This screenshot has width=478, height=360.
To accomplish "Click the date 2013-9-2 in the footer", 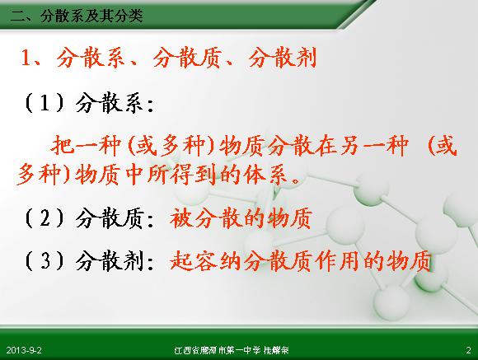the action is tap(24, 350).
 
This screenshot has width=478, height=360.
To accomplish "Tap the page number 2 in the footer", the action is tap(469, 350).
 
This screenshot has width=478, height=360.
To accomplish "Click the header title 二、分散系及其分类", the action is tap(77, 16).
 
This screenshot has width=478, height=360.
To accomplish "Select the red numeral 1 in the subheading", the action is tap(26, 58).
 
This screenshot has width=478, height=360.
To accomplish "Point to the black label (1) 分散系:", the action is tap(89, 103).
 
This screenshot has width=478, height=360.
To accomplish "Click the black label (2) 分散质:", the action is tap(89, 218).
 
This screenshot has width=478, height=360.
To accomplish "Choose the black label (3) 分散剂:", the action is tap(89, 261).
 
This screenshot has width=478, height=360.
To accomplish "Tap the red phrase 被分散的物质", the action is tap(241, 217).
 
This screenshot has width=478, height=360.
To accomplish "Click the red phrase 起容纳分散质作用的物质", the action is tap(301, 261).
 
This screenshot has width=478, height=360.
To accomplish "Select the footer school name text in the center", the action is tap(232, 350).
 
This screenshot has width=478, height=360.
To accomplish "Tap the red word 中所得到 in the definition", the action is tap(171, 175).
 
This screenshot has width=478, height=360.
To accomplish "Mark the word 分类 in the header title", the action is tap(129, 16).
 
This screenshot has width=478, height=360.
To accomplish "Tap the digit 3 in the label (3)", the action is tap(45, 261).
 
